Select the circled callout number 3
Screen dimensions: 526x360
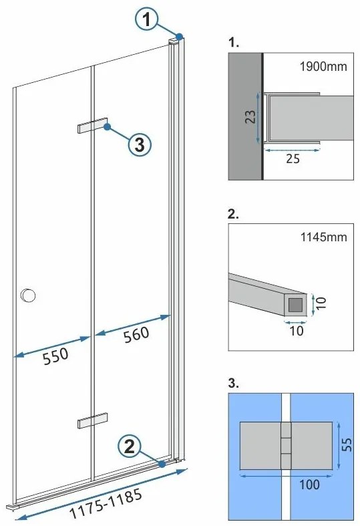click(139, 144)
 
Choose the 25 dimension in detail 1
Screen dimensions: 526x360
click(292, 159)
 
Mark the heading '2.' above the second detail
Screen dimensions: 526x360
click(234, 215)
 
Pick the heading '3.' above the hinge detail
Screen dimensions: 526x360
click(234, 384)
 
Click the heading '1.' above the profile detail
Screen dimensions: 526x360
click(233, 41)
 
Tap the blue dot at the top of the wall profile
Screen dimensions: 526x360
click(180, 36)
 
